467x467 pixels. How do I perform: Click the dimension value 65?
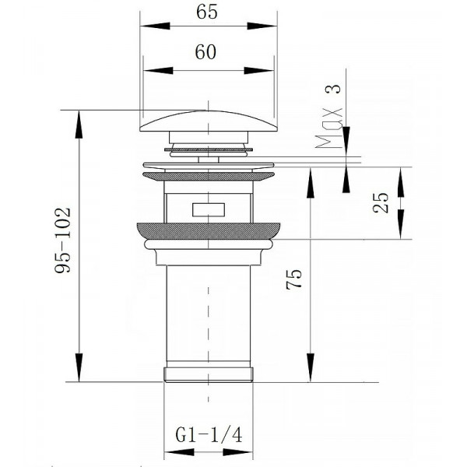[207, 12]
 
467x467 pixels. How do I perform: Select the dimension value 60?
[205, 52]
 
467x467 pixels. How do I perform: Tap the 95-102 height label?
[63, 240]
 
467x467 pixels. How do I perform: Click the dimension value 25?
[381, 203]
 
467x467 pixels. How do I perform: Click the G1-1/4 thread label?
[209, 435]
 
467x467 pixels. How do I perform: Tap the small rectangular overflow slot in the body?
[208, 209]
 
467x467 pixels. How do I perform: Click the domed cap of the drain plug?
[209, 121]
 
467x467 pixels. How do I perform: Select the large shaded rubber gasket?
[209, 231]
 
